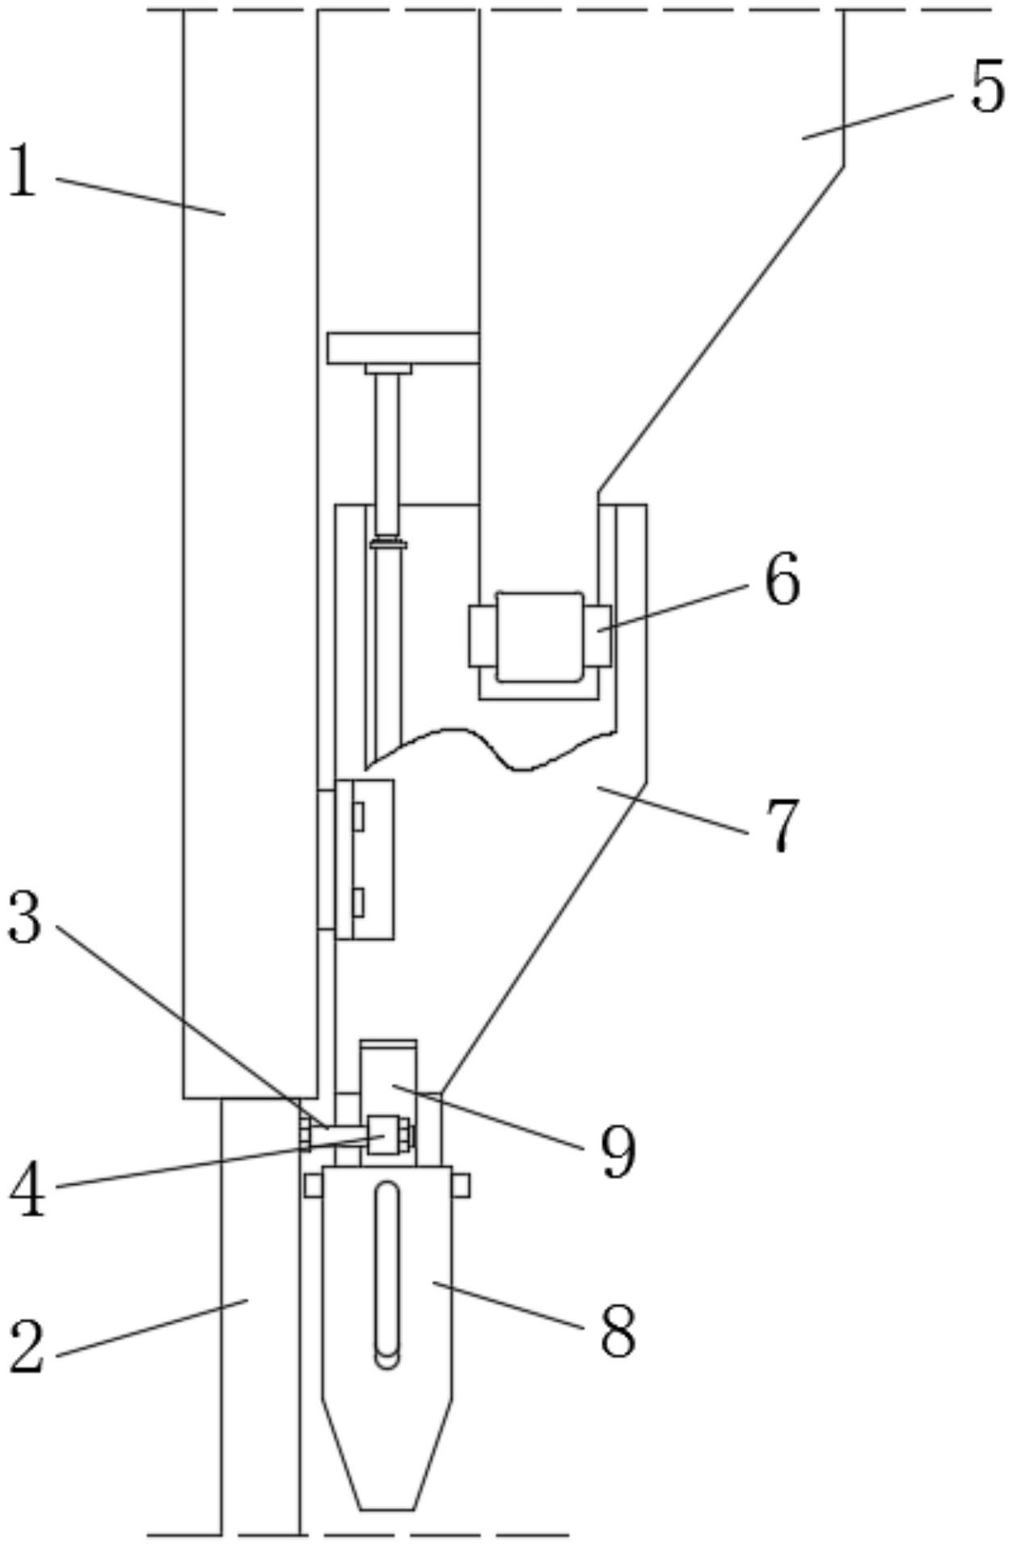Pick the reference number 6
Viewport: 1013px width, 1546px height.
pos(782,580)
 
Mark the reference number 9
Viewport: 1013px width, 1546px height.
pos(618,1153)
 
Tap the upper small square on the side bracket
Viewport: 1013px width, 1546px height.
pos(358,816)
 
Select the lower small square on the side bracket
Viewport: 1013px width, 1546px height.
pos(358,902)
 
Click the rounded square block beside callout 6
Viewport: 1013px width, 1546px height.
pos(539,637)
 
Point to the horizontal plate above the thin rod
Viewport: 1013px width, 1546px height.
pos(403,348)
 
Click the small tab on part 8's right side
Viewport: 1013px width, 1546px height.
pos(461,1186)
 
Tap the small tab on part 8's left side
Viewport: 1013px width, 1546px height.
pos(314,1186)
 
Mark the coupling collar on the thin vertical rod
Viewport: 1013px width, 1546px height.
pos(387,544)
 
